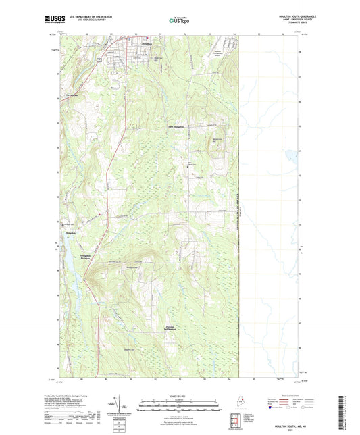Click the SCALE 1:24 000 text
tap(179, 396)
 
